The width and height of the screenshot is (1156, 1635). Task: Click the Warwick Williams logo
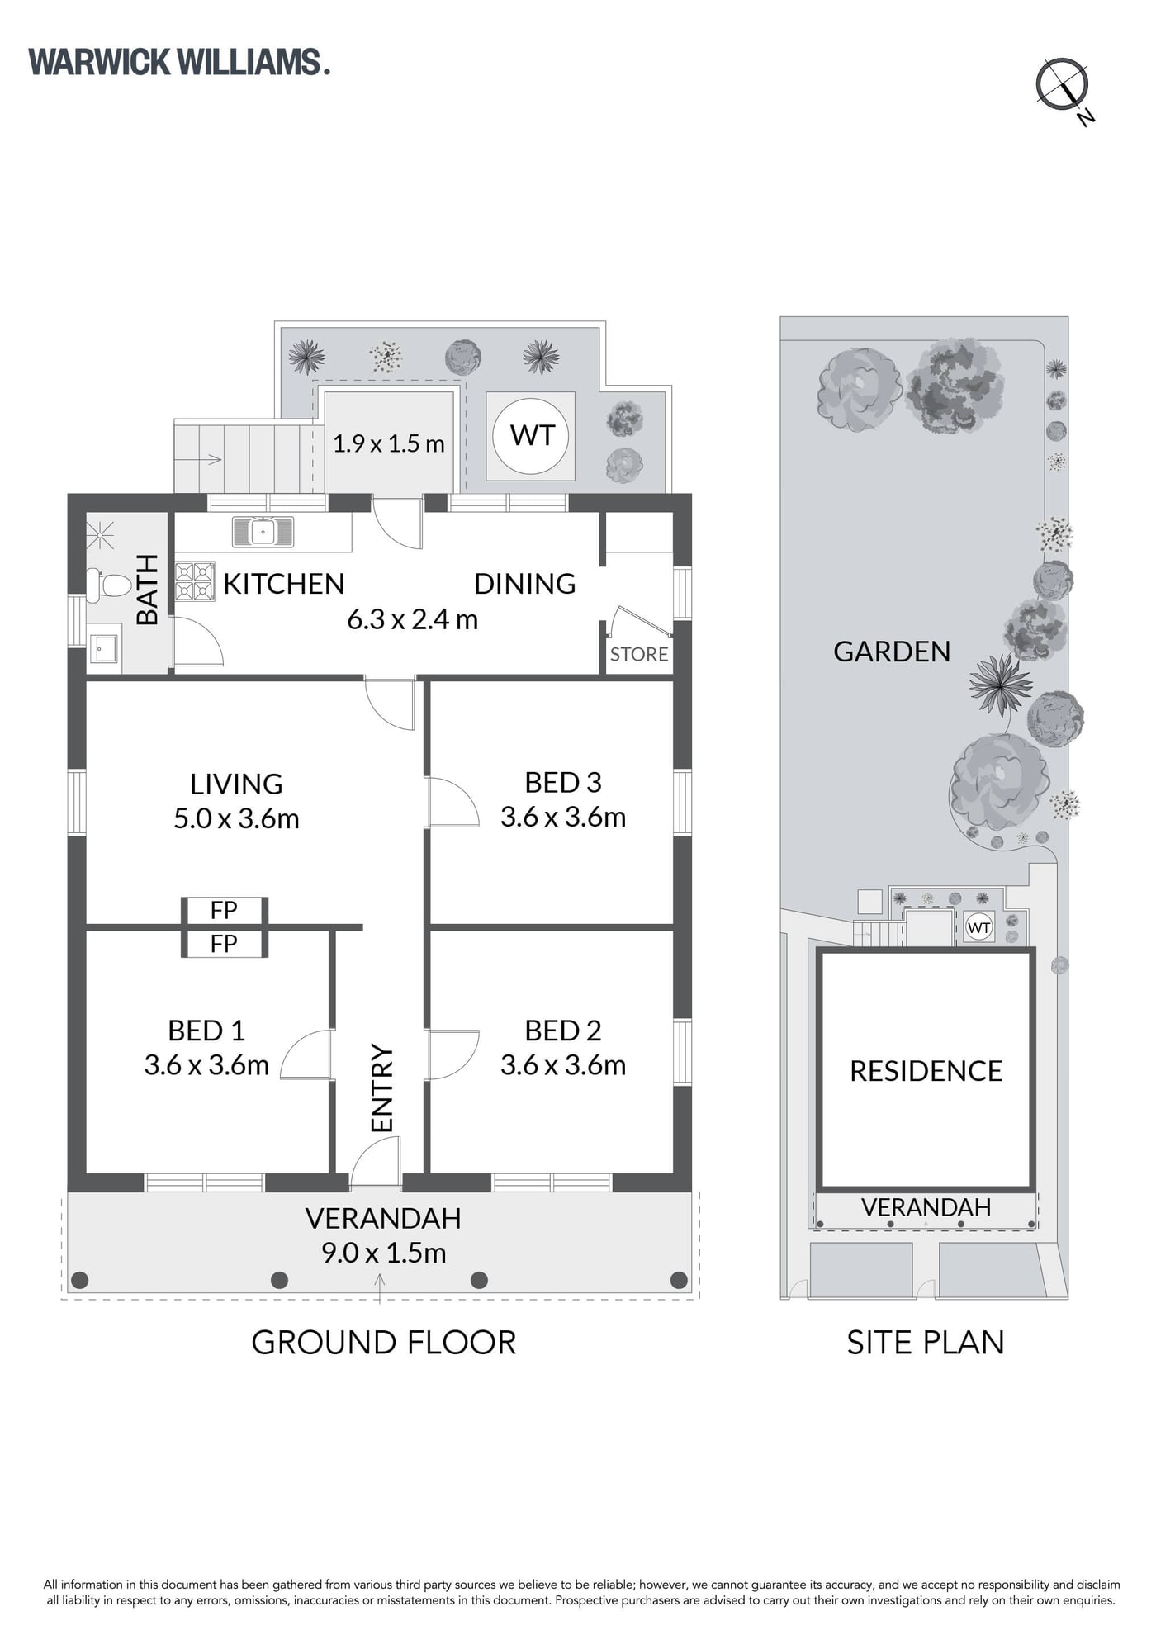179,63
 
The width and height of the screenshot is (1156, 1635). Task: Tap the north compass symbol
1064,86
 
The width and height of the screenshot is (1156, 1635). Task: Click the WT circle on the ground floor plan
531,436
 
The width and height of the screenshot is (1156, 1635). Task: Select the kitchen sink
263,532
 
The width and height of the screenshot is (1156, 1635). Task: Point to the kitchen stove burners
195,581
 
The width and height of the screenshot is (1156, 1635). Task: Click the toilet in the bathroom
108,585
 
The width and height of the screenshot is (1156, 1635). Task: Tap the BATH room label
146,590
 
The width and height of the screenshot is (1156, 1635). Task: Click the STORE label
639,654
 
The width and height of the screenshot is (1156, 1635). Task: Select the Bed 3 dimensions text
563,817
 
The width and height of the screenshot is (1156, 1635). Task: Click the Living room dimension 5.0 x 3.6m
236,819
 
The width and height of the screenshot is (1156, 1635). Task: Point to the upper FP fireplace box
224,910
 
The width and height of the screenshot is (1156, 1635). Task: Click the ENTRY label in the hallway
382,1088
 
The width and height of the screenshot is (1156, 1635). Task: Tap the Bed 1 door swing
306,1054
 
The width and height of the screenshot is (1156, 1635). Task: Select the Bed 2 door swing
453,1054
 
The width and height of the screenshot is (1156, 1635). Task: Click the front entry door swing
377,1162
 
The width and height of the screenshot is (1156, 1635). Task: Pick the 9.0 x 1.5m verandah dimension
384,1253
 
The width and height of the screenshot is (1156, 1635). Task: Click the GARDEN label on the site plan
892,652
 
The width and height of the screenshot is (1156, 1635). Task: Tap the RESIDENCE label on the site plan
926,1071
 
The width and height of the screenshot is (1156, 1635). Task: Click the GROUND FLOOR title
384,1343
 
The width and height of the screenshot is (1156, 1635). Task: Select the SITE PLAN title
926,1343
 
